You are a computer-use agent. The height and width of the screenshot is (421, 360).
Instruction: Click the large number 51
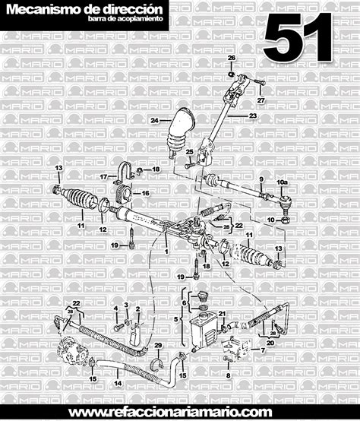pos(299,37)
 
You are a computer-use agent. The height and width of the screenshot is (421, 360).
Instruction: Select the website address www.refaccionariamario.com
pos(180,411)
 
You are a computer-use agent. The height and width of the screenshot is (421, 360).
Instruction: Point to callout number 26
pos(232,59)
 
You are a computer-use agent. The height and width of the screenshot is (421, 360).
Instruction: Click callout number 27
pos(261,100)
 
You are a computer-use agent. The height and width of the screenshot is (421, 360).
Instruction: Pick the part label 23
pos(254,116)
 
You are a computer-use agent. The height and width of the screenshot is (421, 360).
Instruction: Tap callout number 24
pos(154,121)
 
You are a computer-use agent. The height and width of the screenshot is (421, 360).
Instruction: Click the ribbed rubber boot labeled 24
pos(179,132)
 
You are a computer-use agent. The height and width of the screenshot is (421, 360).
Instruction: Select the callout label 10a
pos(282,183)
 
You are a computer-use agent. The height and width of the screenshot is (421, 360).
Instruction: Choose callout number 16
pos(146,193)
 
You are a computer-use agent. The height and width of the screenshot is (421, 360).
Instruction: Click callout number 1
pos(167,250)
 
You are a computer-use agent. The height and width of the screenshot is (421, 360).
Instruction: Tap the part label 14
pos(118,384)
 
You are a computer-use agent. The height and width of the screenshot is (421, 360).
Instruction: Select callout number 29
pos(158,346)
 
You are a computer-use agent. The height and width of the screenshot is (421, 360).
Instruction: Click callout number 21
pos(222,314)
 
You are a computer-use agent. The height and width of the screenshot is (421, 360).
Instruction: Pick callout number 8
pos(227,375)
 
